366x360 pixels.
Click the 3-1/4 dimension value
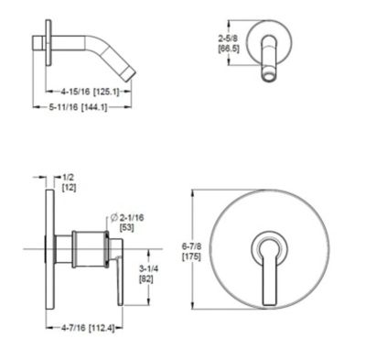click(145, 268)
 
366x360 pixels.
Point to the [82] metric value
click(145, 279)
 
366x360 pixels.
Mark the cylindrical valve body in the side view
click(87, 248)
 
